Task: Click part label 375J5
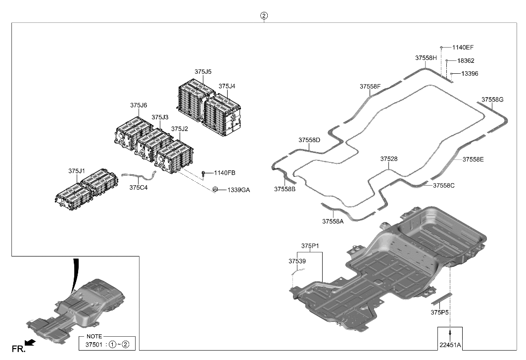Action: point(203,72)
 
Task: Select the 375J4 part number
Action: point(227,86)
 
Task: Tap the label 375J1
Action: point(77,171)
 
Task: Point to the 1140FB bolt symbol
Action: point(203,173)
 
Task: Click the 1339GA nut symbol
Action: point(216,190)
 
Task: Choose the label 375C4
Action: point(139,188)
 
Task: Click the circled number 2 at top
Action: point(264,16)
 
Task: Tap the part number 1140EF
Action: point(463,48)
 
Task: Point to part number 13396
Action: point(470,73)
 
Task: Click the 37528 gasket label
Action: point(389,159)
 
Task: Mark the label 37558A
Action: point(333,221)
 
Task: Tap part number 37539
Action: point(297,260)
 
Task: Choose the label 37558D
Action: point(309,140)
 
